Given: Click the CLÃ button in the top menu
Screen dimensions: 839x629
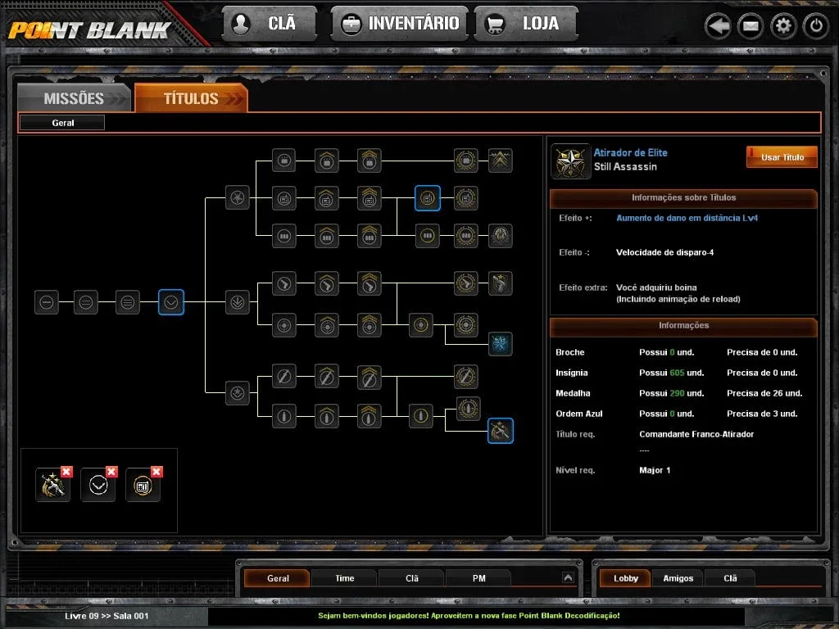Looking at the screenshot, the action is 270,24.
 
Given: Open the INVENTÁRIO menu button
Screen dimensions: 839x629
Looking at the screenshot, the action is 400,24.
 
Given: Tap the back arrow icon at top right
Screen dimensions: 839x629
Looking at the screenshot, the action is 718,25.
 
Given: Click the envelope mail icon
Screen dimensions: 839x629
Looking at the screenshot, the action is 751,25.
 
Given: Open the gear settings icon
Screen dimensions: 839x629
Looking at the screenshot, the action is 783,25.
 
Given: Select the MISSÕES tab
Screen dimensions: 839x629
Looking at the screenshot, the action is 75,98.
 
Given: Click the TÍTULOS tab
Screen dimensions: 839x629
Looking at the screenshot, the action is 191,98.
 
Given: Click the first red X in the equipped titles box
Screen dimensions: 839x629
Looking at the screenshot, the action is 66,471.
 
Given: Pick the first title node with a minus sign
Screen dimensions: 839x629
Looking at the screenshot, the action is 47,302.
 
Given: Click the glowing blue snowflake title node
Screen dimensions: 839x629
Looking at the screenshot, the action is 501,344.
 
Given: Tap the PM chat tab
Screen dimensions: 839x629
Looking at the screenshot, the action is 478,578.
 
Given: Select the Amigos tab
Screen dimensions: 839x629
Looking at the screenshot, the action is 678,578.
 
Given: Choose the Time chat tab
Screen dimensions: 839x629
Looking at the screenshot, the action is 345,578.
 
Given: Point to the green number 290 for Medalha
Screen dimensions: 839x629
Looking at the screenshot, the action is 677,393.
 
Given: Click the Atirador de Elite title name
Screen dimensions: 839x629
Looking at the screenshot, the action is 630,152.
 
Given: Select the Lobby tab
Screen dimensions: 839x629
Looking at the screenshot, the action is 625,578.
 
